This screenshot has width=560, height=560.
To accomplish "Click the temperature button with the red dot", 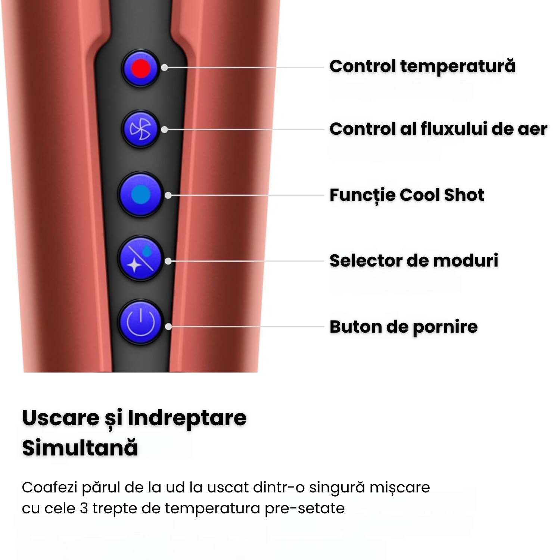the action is click(x=141, y=68).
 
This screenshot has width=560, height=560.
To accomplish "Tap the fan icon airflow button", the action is click(x=141, y=129).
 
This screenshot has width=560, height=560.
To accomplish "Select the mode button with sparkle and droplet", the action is click(x=141, y=258).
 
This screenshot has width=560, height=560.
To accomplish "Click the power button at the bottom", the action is click(x=141, y=322).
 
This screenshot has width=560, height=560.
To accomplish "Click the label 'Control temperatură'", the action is click(x=423, y=66).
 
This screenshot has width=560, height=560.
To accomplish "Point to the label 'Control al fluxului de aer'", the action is click(x=438, y=129).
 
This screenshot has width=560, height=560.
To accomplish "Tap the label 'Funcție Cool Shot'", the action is click(x=407, y=195).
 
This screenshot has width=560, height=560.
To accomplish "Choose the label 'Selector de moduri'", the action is click(x=414, y=260).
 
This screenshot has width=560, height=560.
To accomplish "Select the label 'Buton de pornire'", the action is click(x=404, y=327).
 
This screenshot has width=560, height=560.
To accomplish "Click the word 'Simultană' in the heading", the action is click(x=80, y=448).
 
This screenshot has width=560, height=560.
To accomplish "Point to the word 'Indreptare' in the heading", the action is click(x=187, y=418).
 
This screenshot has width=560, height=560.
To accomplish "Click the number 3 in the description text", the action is click(x=84, y=508).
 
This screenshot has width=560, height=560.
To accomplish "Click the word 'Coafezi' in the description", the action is click(x=49, y=488).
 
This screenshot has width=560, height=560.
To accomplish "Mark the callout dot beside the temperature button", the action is click(x=165, y=68).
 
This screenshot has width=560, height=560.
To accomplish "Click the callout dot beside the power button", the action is click(x=168, y=327).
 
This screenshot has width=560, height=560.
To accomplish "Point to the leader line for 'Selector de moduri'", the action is click(x=246, y=261).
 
